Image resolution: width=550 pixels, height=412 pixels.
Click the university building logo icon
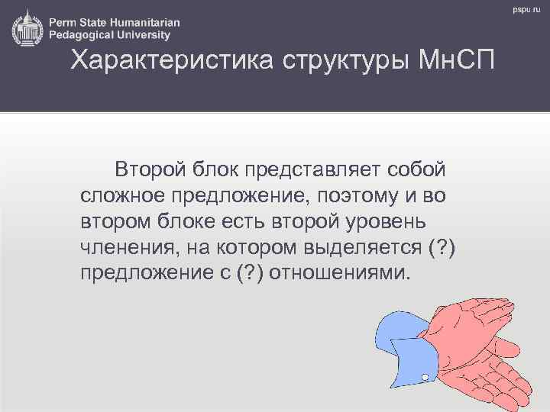point(27,28)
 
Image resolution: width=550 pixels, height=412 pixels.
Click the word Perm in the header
point(64,22)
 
